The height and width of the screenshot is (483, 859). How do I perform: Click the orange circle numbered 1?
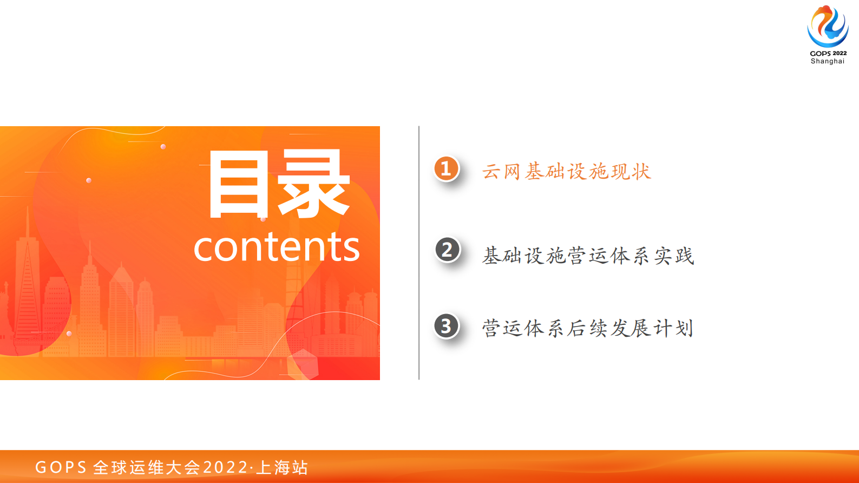point(447,168)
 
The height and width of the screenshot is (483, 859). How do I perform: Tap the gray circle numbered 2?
point(447,250)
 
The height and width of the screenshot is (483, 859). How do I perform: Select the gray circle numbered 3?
point(447,326)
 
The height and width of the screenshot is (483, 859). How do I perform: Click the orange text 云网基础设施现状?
point(566,171)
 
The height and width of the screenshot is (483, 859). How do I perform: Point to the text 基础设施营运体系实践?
point(588,256)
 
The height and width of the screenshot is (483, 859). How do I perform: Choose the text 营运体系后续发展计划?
point(587,328)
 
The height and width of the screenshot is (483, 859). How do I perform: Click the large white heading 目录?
point(279,184)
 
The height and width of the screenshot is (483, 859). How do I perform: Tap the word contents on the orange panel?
point(277,247)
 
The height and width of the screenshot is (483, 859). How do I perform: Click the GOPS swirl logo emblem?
point(828,26)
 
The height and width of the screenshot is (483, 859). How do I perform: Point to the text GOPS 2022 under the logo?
point(828,53)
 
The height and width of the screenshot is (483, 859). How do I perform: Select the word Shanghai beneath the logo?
point(828,61)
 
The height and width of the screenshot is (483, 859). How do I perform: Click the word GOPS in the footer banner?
point(61,467)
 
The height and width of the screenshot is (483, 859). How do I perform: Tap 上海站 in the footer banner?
point(282,467)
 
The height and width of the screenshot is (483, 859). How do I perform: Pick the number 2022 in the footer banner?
point(225,467)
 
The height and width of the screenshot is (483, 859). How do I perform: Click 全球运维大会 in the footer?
point(147,467)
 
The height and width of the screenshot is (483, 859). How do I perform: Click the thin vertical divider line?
point(419,253)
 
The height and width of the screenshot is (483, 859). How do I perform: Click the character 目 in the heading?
point(239,184)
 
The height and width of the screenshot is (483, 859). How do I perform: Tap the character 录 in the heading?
point(314,184)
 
